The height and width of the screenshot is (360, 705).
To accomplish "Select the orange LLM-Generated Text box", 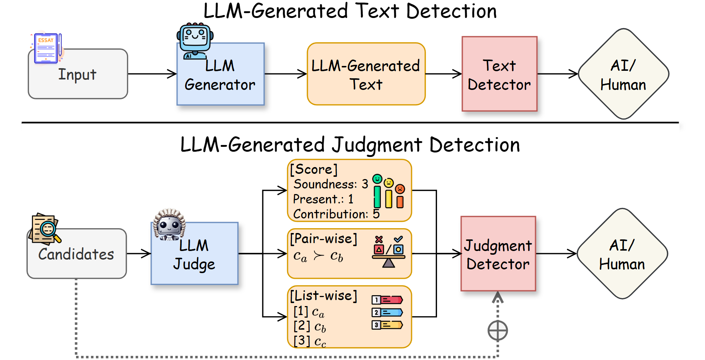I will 366,74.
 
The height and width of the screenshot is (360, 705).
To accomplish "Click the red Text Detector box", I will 499,74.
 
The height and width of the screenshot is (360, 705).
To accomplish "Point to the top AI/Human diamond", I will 623,74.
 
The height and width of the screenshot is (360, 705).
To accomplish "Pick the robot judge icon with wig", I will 169,224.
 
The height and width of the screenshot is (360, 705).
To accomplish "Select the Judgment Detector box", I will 498,254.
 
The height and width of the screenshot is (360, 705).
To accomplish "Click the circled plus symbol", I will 498,330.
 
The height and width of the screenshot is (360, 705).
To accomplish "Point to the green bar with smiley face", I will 377,191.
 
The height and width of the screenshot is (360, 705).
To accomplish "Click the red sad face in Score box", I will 400,189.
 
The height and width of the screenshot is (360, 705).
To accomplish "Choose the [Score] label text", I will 314,169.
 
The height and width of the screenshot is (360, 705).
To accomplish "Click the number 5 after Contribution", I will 376,214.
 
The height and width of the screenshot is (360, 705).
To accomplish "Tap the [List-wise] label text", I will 323,296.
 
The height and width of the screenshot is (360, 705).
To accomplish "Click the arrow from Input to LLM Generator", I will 152,74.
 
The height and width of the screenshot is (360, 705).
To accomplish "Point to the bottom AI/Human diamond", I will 622,254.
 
